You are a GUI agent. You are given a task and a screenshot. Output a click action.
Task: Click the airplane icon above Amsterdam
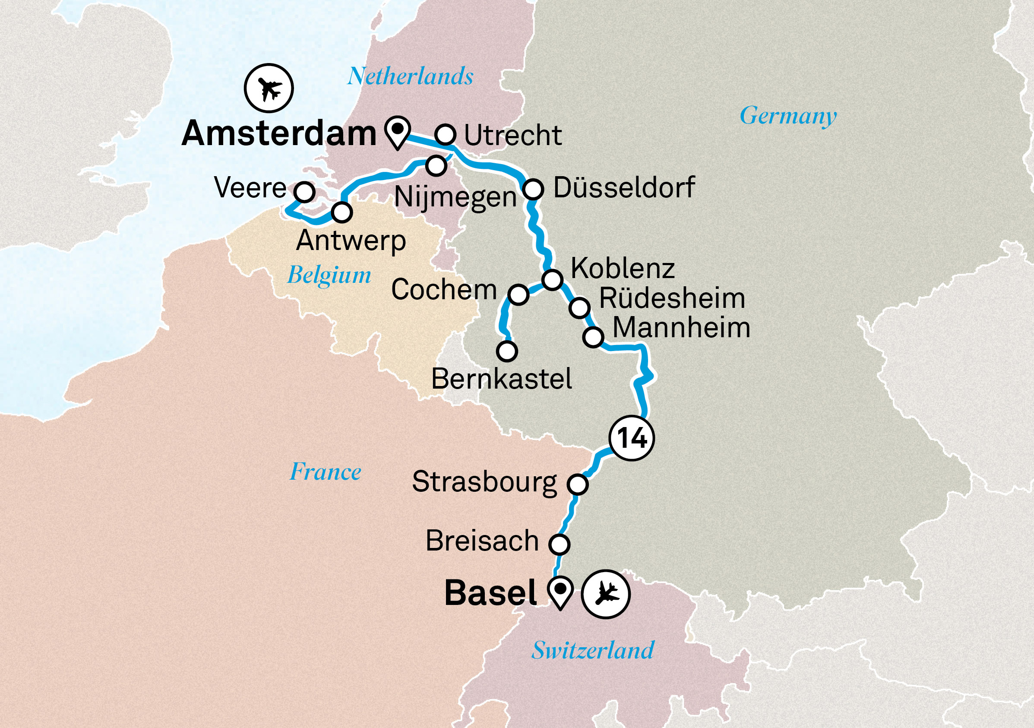pos(269,88)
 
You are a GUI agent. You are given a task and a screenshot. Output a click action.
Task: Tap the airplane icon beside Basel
pos(605,594)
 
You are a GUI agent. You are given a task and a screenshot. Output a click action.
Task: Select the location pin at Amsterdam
pos(398,131)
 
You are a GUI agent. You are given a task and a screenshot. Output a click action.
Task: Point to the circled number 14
pos(631,438)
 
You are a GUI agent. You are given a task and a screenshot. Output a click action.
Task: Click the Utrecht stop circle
pos(446,134)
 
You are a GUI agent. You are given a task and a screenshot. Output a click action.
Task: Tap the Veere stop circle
pos(304,192)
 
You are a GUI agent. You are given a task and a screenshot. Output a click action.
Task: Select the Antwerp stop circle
pos(342,212)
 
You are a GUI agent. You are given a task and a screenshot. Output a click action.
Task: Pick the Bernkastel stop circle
pos(507,351)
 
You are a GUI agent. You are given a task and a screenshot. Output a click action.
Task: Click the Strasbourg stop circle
pos(578,484)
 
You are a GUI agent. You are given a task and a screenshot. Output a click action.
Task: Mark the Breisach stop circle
pos(560,544)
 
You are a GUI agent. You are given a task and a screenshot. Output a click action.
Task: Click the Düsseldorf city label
pos(624,187)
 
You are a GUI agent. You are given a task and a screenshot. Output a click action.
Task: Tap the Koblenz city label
pos(623,269)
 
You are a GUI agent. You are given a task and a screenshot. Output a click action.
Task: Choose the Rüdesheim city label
pos(672,298)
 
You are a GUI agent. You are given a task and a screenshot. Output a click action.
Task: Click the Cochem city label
pos(444,289)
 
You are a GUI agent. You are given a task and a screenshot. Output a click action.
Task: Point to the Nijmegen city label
pos(455,197)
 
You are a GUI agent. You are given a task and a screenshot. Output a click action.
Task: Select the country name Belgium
pos(329,275)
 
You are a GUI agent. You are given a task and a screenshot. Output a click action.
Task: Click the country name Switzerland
pos(593,651)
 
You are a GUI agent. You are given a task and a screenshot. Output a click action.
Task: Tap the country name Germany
pos(788,116)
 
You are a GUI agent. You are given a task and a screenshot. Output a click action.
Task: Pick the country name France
pos(325,472)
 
